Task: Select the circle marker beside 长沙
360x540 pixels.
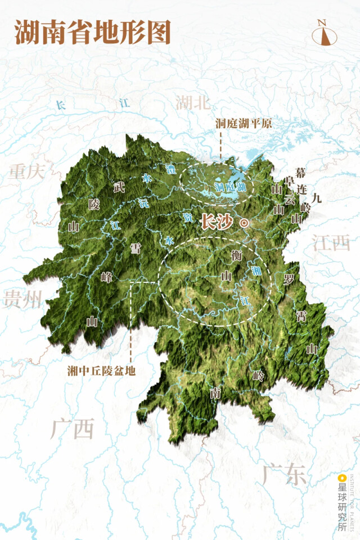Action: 244,223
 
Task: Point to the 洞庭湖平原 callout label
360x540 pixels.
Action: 244,123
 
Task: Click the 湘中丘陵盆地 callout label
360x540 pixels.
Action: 102,371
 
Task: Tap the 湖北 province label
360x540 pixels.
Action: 192,102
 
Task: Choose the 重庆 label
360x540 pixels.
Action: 26,172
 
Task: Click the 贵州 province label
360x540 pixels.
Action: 22,300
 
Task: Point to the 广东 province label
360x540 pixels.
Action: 284,475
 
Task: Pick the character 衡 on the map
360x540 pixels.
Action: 237,255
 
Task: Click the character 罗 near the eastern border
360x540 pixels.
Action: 289,279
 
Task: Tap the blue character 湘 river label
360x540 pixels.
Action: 256,271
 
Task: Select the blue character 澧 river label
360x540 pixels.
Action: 170,168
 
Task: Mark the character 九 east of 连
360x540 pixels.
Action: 317,197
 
